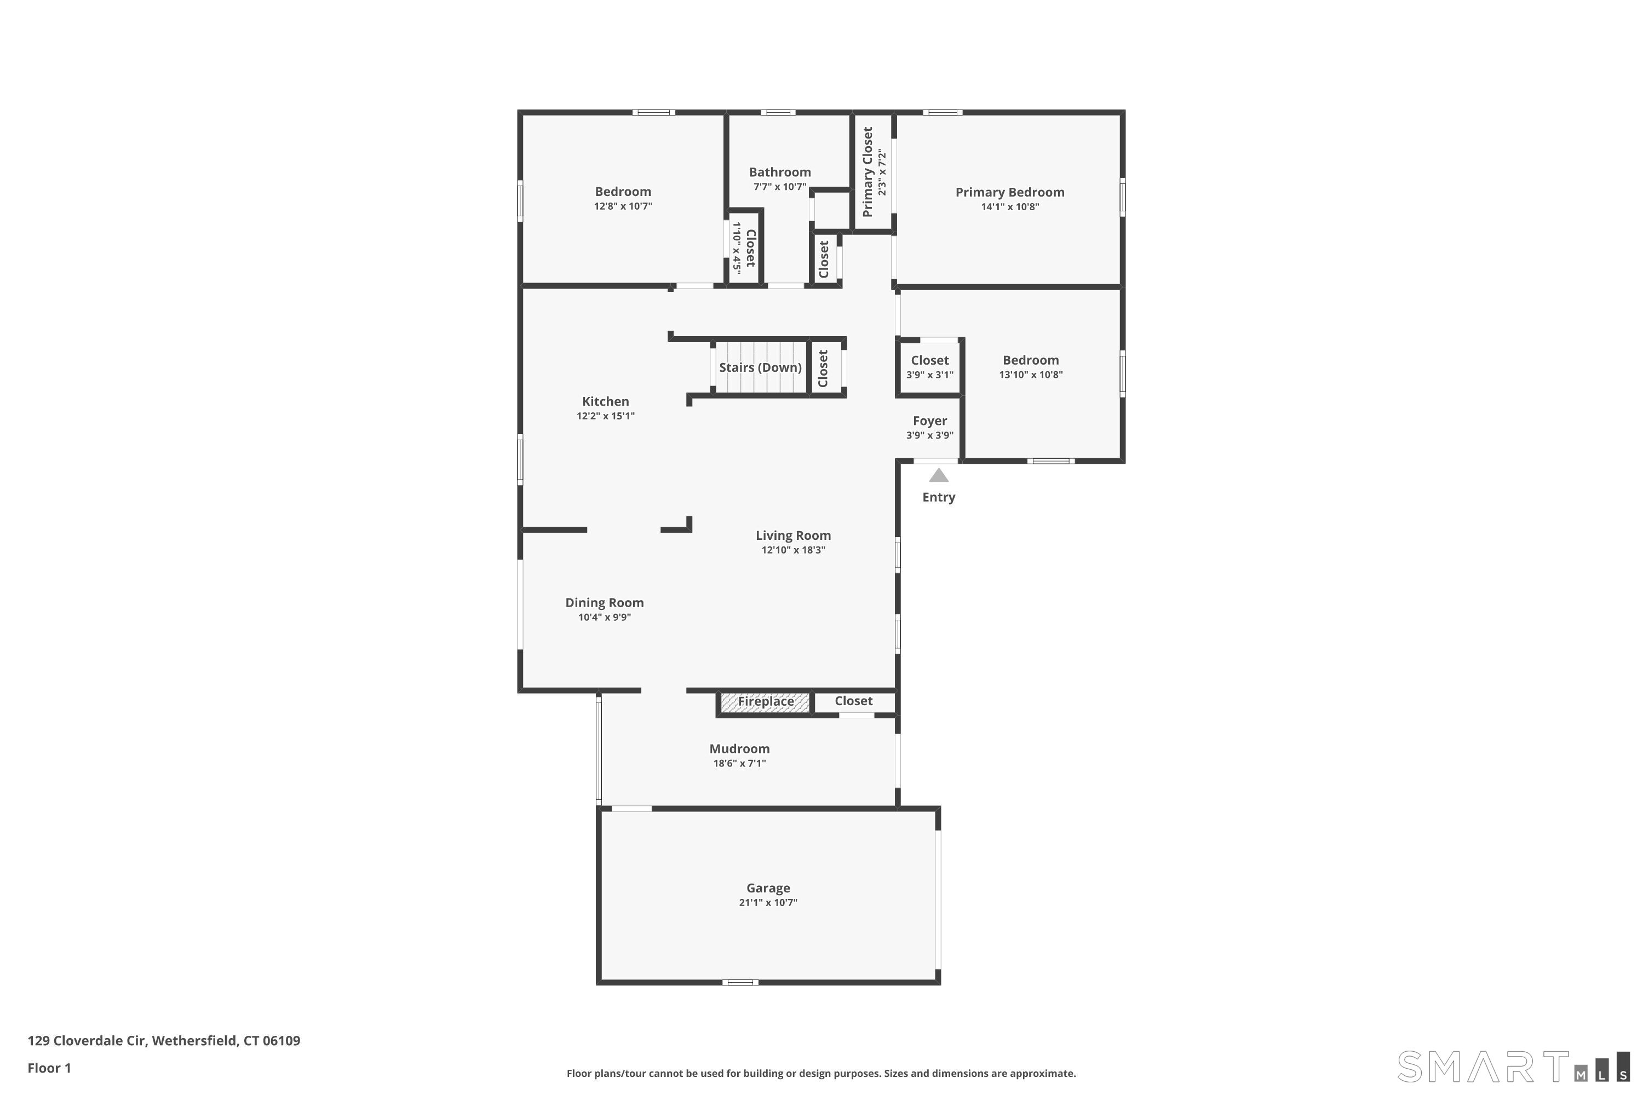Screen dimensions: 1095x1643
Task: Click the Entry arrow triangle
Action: coord(938,476)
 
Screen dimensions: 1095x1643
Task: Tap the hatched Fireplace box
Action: coord(766,702)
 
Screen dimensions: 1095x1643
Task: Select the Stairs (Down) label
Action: coord(760,367)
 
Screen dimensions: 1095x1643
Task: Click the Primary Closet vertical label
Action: coord(868,172)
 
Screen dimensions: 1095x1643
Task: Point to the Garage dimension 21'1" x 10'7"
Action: coord(768,902)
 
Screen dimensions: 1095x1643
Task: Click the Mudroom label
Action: coord(739,748)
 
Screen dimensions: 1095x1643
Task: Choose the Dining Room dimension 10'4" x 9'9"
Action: coord(604,618)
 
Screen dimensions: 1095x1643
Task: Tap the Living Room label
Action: coord(793,535)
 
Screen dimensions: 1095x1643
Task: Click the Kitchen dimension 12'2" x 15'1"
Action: coord(605,416)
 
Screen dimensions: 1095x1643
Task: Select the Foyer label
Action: coord(929,421)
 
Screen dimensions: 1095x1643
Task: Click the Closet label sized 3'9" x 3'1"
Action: coord(929,360)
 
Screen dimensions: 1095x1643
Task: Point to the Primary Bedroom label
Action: coord(1009,192)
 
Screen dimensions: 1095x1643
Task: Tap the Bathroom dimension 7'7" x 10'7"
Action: coord(779,187)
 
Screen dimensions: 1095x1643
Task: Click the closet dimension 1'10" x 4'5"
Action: coord(736,248)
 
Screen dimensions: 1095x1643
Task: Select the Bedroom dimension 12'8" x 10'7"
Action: coord(622,206)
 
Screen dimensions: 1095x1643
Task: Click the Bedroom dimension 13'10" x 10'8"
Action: coord(1030,375)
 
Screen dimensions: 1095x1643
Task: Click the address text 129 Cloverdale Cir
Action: coord(87,1041)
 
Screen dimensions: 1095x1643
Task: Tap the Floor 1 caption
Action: coord(49,1068)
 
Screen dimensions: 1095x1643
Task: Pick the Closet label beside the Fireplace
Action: coord(853,701)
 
